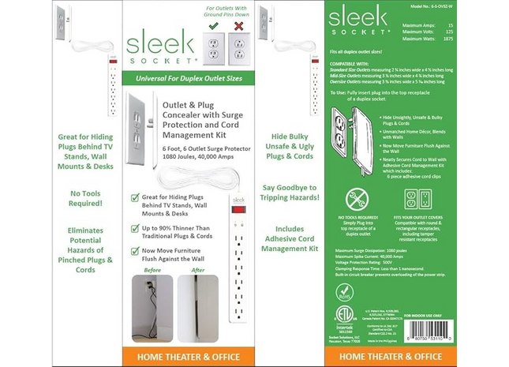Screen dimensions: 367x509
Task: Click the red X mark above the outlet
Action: click(236, 26)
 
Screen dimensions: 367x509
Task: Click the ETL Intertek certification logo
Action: click(345, 319)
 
